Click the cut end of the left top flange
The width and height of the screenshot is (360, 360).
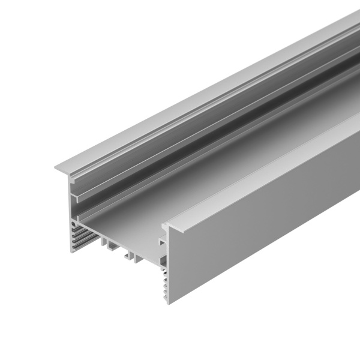coord(63,166)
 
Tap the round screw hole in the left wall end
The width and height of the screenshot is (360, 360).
coord(74,224)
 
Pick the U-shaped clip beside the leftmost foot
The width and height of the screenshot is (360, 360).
coord(113,245)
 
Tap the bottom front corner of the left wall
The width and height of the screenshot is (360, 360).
coord(72,251)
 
